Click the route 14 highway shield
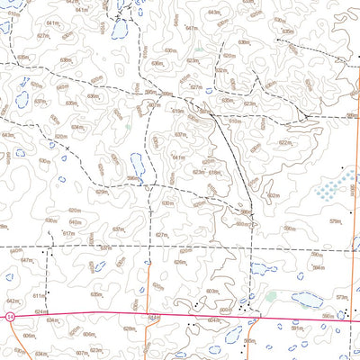9,317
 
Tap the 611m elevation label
39,295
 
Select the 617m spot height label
68,234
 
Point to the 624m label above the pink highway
41,311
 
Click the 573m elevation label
342,297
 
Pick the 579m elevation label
337,220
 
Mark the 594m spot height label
318,267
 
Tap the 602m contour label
273,195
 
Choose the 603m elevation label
212,292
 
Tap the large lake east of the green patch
305,300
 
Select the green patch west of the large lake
271,296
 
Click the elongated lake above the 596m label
137,165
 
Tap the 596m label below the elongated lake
132,178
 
